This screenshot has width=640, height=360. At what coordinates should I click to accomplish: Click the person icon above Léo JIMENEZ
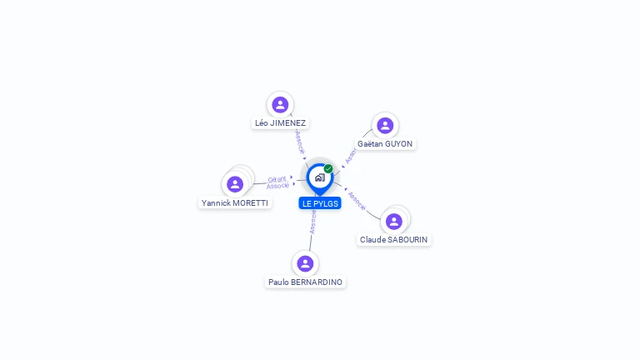280,104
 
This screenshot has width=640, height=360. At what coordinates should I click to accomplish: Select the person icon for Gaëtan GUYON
385,125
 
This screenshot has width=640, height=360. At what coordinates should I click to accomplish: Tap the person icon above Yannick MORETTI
235,184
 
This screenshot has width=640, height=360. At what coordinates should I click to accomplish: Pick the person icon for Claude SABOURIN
394,221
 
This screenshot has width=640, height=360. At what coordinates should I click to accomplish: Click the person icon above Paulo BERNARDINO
305,263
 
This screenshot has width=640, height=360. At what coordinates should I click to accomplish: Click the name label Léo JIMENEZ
280,123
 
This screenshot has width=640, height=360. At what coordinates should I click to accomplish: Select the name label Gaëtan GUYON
385,144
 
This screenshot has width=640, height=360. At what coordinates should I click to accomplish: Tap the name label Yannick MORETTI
235,203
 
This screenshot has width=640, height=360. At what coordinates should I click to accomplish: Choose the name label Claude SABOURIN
394,240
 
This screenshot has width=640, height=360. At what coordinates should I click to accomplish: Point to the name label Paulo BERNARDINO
305,282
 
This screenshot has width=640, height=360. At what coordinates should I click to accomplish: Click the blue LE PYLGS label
319,203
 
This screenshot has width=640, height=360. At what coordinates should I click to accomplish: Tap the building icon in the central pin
319,177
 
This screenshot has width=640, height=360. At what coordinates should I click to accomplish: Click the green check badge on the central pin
328,169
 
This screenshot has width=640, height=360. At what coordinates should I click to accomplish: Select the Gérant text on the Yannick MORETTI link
277,179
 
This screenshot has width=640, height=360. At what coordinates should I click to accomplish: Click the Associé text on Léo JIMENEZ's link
300,142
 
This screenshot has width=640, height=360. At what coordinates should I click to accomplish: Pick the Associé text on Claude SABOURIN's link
357,200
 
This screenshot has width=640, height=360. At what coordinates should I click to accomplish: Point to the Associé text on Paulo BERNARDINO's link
313,221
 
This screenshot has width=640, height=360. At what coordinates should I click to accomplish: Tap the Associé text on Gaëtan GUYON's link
351,156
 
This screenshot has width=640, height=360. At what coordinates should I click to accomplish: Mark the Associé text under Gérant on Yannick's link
278,186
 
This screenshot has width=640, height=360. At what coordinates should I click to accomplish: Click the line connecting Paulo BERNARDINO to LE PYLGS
311,242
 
